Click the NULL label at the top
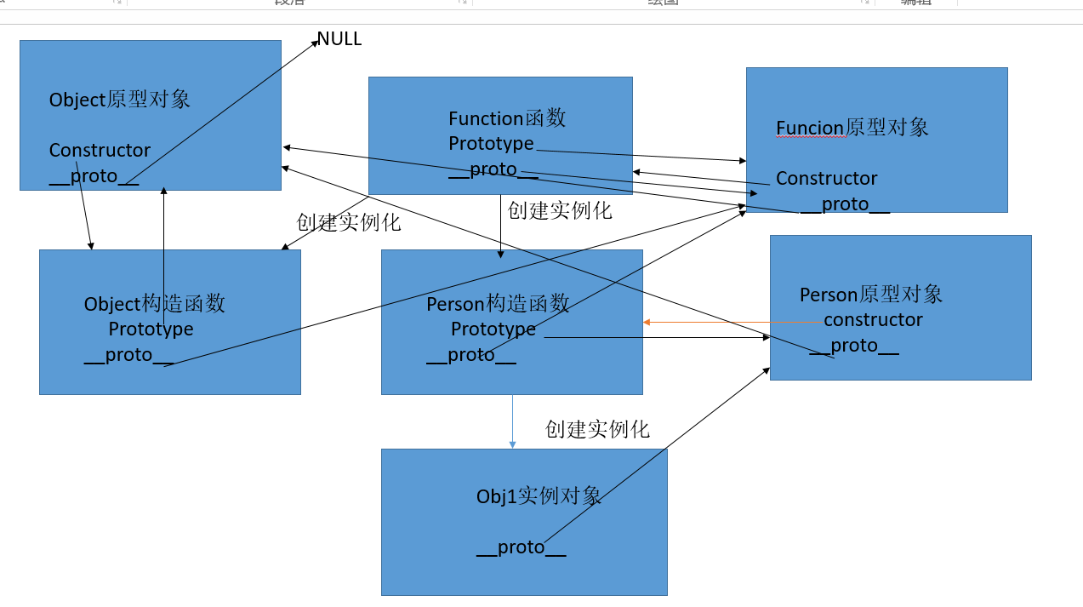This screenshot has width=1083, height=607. point(339,39)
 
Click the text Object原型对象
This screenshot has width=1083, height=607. point(119,100)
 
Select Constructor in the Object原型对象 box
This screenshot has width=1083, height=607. point(100,151)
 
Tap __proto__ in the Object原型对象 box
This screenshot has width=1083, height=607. point(94,176)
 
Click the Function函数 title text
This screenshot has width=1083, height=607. point(507,118)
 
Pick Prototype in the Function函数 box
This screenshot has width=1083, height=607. point(491,143)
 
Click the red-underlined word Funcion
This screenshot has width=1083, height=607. point(809,128)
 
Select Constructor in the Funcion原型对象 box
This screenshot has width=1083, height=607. point(826,179)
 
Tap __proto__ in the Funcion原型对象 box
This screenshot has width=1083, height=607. point(845,204)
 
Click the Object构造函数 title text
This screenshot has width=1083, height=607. point(154,304)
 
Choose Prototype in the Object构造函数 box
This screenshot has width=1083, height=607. point(151,329)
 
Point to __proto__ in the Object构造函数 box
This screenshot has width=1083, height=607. point(128,355)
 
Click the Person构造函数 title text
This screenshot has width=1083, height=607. point(498,304)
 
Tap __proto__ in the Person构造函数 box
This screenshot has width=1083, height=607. point(470,355)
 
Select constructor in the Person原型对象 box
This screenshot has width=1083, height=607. point(873,320)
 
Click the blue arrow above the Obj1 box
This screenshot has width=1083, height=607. point(512,421)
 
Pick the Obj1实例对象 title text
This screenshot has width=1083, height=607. point(539,496)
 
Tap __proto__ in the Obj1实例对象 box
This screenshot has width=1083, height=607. point(521,547)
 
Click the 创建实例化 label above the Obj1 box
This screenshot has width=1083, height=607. point(597,430)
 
